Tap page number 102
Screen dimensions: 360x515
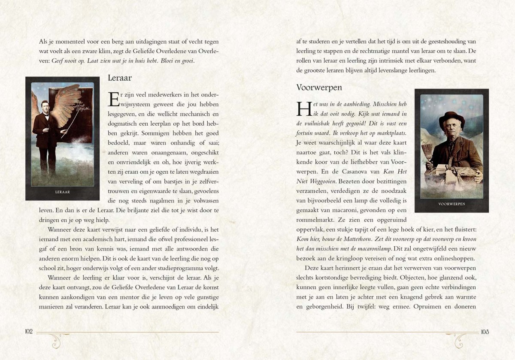point(29,332)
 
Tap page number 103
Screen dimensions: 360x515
point(485,332)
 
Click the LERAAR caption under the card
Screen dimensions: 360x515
point(63,192)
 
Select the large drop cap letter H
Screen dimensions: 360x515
point(303,109)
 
